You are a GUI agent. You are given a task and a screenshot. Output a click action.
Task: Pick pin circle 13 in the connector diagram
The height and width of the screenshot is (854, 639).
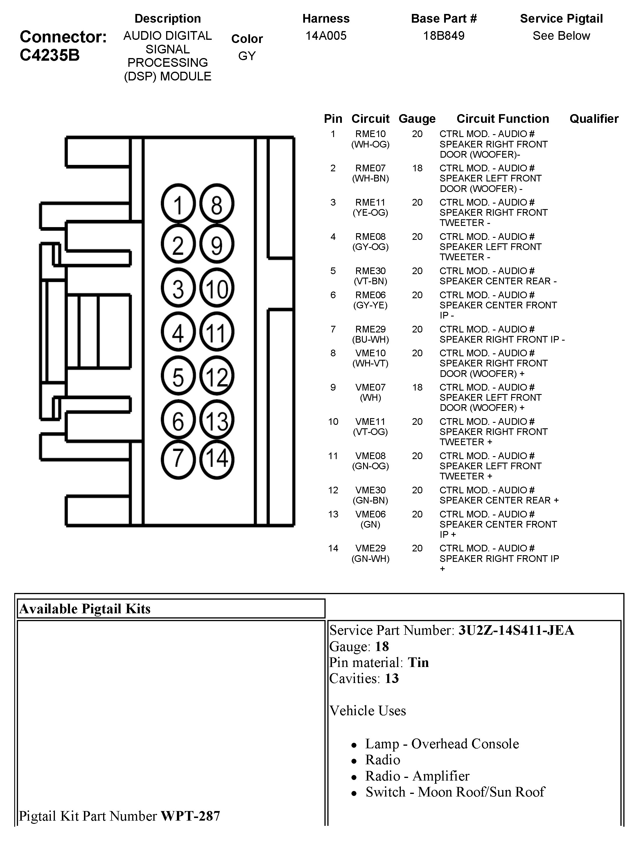[x=217, y=420]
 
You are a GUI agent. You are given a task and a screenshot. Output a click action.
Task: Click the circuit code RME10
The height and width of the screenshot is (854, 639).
[x=370, y=134]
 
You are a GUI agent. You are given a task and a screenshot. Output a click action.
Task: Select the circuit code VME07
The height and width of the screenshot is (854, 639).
[x=370, y=387]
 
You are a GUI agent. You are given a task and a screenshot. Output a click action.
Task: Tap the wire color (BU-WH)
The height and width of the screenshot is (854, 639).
[x=370, y=339]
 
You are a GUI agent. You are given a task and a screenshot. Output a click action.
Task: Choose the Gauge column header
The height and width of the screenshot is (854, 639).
[x=417, y=118]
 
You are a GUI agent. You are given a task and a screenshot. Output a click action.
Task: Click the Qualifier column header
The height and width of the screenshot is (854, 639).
[x=594, y=118]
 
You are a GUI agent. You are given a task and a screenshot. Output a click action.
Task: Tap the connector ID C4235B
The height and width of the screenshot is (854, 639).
[x=50, y=55]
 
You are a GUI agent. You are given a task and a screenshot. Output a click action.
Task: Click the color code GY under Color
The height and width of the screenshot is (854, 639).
[x=247, y=56]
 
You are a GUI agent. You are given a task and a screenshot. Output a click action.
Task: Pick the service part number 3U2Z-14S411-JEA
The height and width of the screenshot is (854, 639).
[x=516, y=630]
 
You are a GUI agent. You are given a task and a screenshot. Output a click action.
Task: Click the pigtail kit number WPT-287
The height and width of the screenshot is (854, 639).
[x=190, y=816]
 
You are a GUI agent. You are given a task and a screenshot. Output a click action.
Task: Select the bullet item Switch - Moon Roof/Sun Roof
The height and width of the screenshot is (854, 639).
[x=455, y=792]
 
